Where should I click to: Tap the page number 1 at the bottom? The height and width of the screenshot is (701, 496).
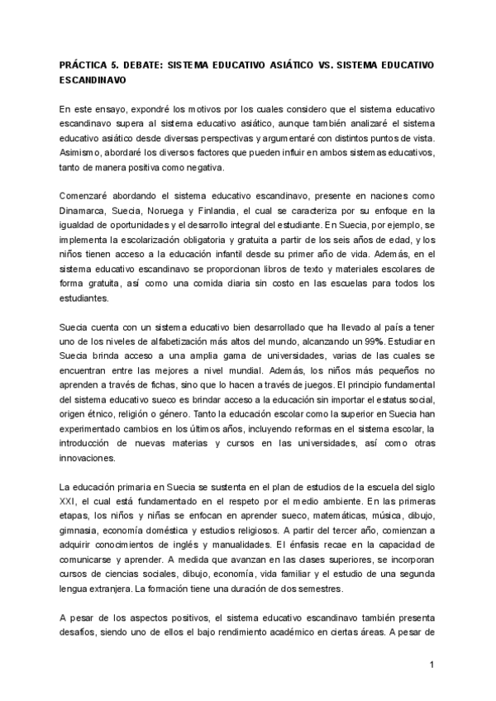click(x=432, y=664)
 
